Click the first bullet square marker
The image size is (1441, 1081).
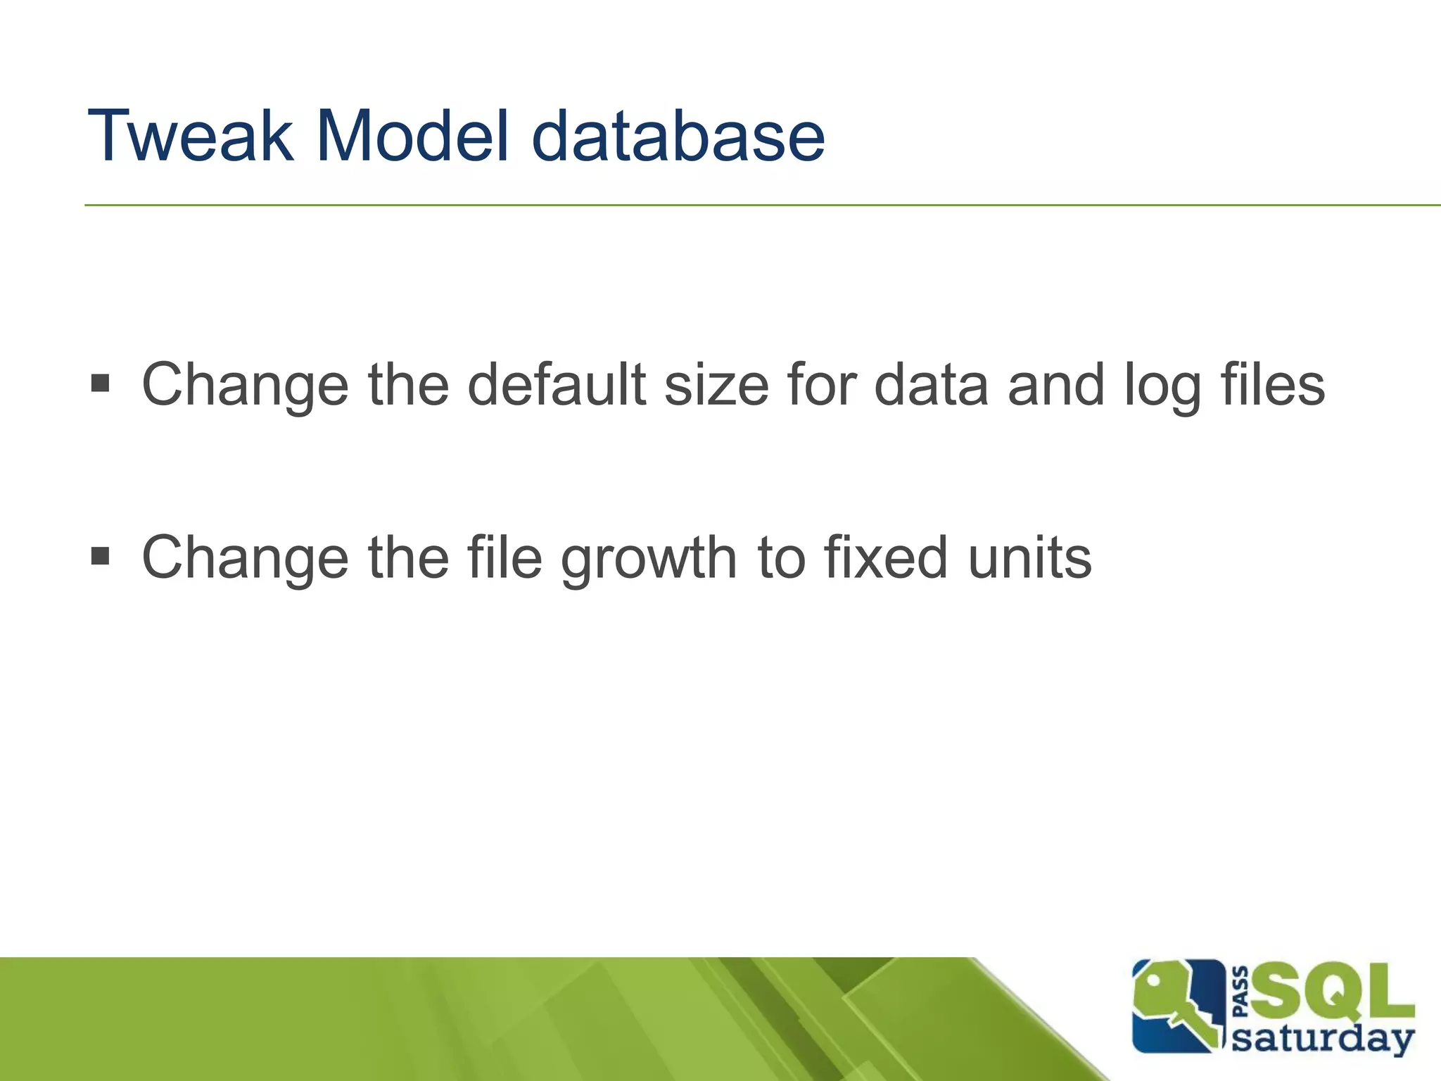(101, 384)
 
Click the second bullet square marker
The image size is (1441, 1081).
(101, 557)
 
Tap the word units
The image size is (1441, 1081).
(1029, 557)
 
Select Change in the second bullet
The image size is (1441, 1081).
(245, 557)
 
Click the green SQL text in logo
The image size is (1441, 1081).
(1332, 993)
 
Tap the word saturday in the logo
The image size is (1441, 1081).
(1323, 1039)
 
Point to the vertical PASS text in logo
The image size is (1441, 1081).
(1242, 992)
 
